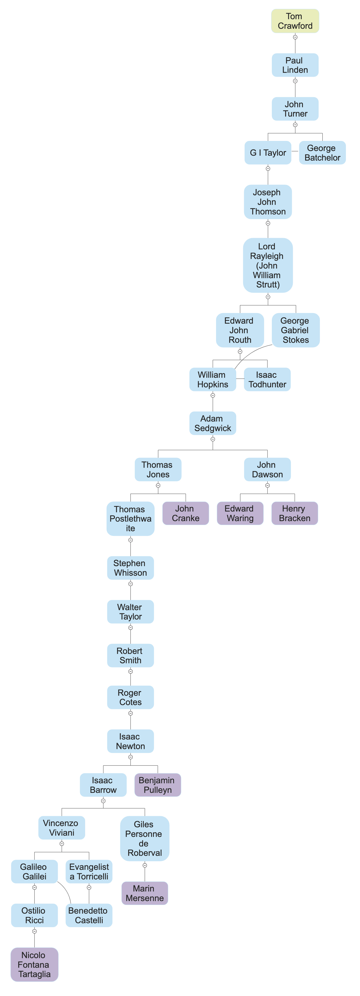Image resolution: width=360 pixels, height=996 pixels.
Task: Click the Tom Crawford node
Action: click(x=295, y=21)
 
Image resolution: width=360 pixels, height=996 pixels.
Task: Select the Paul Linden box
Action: click(x=295, y=65)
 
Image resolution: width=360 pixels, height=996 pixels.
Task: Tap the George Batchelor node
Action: click(x=322, y=153)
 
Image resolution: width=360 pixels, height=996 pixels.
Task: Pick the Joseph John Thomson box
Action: click(x=267, y=202)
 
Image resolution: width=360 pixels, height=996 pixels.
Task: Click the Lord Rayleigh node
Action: click(x=267, y=265)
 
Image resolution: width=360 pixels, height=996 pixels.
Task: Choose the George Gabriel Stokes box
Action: click(x=296, y=330)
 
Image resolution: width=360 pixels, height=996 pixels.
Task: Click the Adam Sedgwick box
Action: click(x=212, y=423)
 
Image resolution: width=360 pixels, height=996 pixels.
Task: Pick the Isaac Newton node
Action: click(x=130, y=741)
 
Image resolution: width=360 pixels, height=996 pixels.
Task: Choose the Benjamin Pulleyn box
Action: click(x=157, y=785)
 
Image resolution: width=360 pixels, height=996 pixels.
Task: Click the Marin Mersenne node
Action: click(x=145, y=893)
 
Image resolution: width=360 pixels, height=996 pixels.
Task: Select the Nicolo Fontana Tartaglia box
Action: click(x=34, y=964)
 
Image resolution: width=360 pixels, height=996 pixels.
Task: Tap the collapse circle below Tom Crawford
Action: click(x=295, y=37)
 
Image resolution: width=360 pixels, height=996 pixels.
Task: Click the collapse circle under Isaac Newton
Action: click(x=130, y=757)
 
